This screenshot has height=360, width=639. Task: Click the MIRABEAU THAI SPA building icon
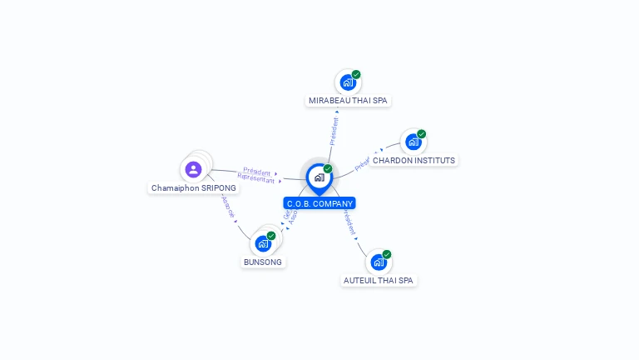click(348, 82)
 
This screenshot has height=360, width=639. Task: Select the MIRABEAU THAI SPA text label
click(348, 101)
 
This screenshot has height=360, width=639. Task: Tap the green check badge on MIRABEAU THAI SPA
click(356, 74)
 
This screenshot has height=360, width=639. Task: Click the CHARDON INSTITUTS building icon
click(414, 142)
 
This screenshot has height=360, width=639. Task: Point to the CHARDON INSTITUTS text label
click(414, 160)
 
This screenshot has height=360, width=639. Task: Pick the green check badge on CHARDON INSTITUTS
click(422, 134)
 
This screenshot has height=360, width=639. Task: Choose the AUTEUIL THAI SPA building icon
click(379, 262)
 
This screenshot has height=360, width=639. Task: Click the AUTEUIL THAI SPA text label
click(379, 281)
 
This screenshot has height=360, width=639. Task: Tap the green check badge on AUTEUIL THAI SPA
click(387, 254)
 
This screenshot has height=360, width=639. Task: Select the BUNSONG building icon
click(263, 244)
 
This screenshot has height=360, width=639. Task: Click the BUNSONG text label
click(263, 262)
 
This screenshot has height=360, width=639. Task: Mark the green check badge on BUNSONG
click(271, 236)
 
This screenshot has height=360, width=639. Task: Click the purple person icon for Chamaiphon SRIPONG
click(194, 169)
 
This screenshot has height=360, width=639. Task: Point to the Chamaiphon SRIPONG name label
click(194, 188)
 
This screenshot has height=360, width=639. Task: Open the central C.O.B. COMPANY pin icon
click(319, 177)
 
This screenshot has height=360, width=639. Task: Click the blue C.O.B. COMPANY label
click(319, 203)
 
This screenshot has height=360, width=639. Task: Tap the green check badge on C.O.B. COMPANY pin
click(328, 168)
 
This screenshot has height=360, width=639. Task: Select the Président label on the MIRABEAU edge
click(334, 131)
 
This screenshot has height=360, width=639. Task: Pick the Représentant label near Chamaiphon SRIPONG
click(255, 178)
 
